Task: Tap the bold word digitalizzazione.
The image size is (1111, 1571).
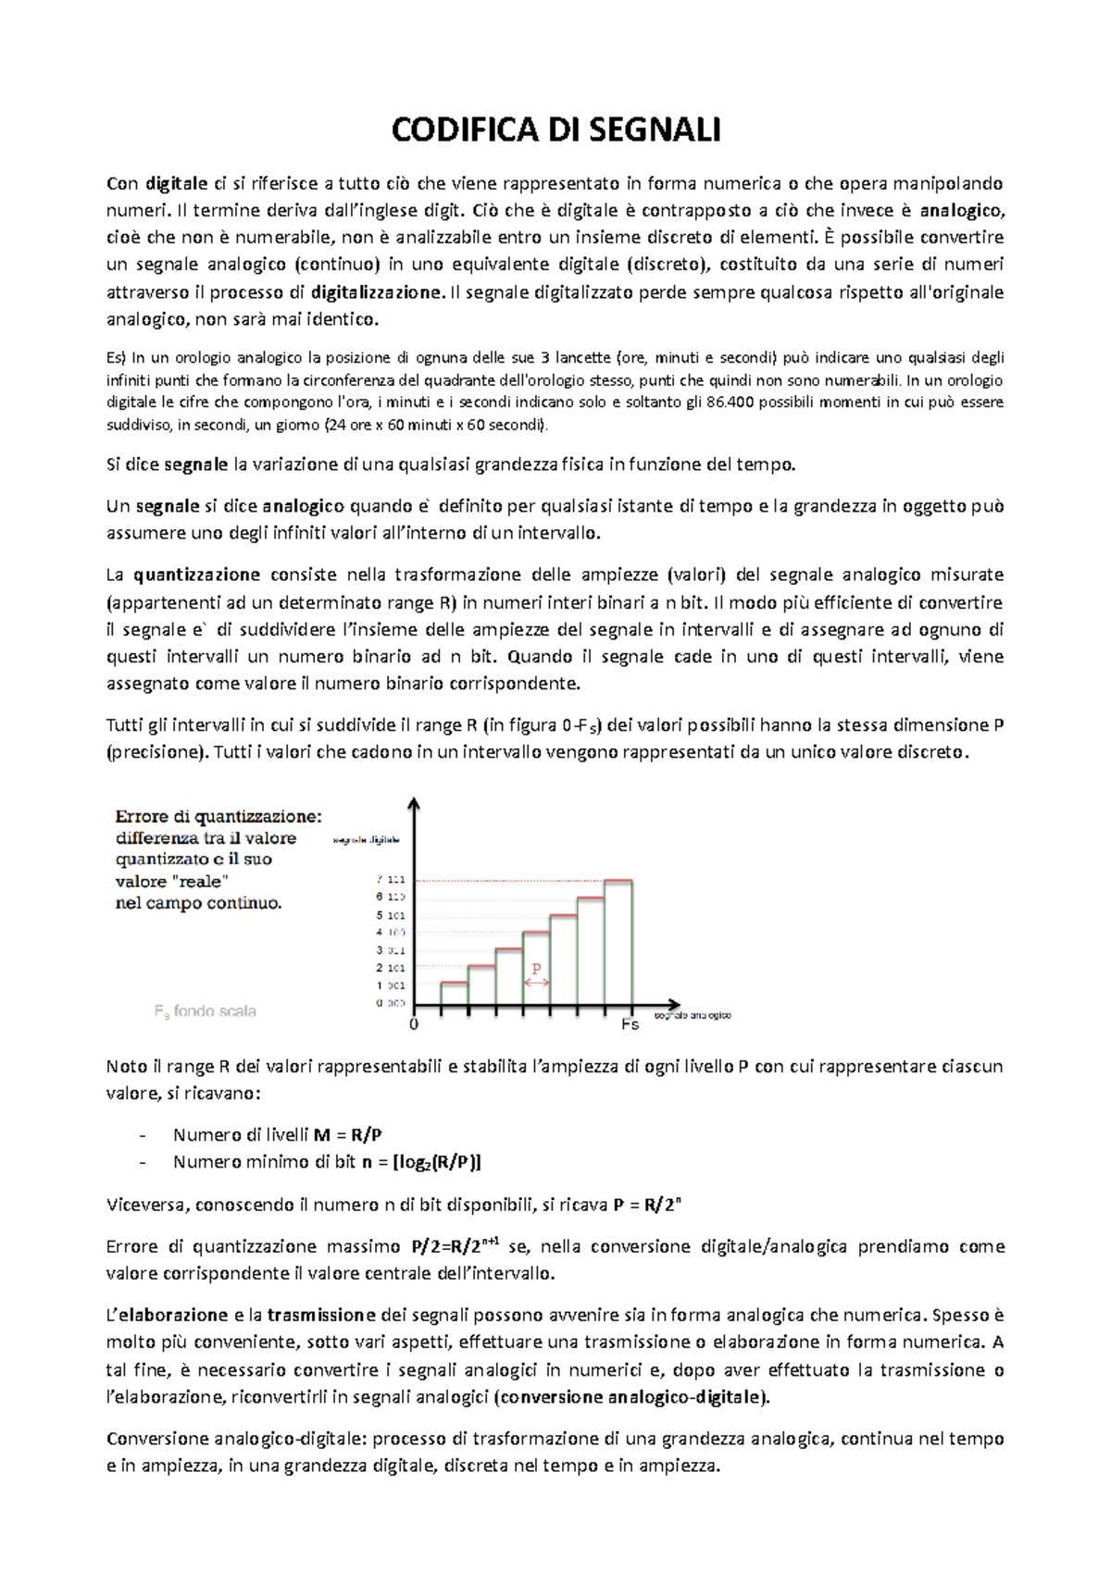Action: (x=377, y=292)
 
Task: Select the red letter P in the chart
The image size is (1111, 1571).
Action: (x=536, y=969)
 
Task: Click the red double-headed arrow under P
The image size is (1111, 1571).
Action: (x=536, y=983)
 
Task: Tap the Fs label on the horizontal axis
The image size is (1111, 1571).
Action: (x=630, y=1025)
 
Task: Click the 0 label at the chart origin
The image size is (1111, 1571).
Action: (x=414, y=1024)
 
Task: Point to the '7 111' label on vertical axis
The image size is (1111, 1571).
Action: (x=391, y=879)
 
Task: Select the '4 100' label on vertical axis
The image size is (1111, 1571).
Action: (x=391, y=933)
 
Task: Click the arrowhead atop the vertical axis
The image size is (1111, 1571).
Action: (x=414, y=802)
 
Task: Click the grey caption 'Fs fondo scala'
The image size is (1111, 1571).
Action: (x=205, y=1011)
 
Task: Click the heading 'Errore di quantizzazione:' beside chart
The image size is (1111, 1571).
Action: (x=218, y=816)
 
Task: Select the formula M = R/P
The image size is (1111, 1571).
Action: (x=348, y=1134)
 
